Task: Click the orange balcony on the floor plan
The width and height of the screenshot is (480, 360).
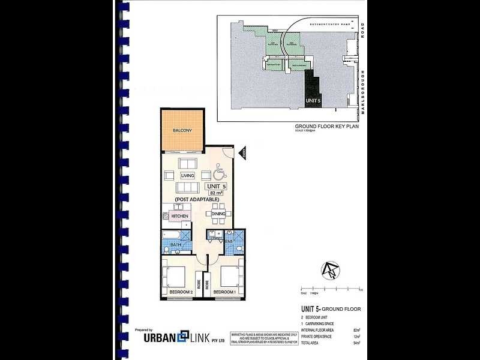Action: coord(181,131)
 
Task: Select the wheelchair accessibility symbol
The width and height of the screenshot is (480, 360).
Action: coord(218,172)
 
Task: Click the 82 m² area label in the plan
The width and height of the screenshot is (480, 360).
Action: coord(215,193)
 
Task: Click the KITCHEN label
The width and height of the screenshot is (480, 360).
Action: coord(180,216)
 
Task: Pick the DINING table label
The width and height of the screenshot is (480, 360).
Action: coord(218,214)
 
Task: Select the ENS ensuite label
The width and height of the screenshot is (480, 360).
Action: coord(229,242)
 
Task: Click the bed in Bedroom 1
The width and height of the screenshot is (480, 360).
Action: coord(229,276)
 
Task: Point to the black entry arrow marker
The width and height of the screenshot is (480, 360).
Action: coord(244,154)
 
